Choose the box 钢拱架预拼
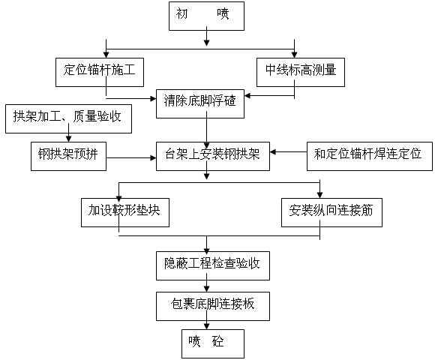(68, 156)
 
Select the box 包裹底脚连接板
(207, 304)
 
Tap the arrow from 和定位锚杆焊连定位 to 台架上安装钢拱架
(289, 152)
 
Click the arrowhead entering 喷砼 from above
(207, 325)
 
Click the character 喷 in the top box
(223, 14)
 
